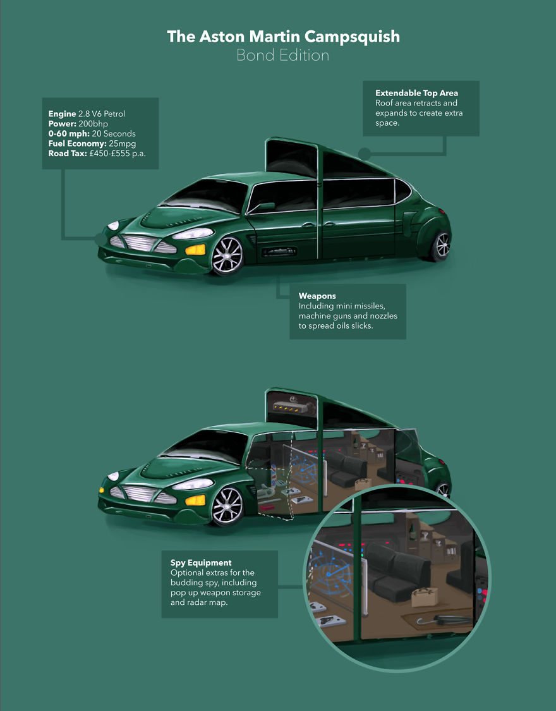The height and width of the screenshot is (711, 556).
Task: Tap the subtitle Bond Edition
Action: point(282,56)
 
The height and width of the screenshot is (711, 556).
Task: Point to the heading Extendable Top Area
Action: point(416,93)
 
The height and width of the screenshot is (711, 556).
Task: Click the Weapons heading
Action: point(317,296)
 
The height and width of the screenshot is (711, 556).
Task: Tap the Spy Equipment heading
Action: point(201,562)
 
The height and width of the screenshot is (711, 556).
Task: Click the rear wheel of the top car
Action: point(441,246)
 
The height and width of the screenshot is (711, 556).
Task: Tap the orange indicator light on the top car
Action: point(195,248)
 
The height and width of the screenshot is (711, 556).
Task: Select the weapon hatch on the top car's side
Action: point(279,252)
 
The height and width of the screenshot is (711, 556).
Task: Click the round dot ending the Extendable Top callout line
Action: point(364,153)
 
